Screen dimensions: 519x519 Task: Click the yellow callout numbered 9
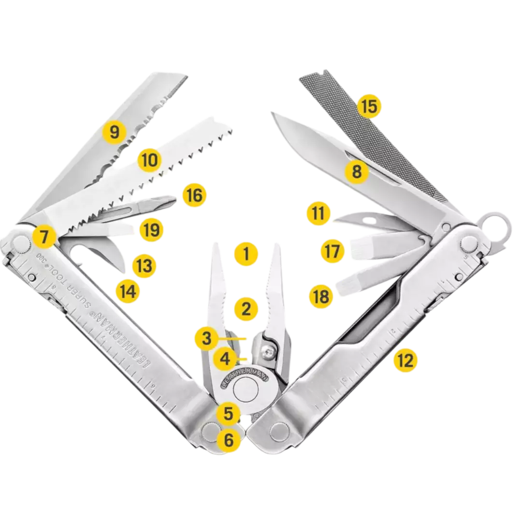pyautogui.click(x=114, y=132)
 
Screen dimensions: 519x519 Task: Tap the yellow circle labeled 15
pyautogui.click(x=369, y=106)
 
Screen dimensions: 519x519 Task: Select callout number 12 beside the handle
pyautogui.click(x=405, y=360)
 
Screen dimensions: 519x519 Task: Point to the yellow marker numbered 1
pyautogui.click(x=246, y=253)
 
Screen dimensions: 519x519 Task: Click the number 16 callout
pyautogui.click(x=194, y=195)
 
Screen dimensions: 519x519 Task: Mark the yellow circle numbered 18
pyautogui.click(x=321, y=297)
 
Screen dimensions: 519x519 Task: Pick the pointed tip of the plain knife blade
pyautogui.click(x=271, y=114)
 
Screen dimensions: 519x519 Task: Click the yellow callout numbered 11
pyautogui.click(x=319, y=214)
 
